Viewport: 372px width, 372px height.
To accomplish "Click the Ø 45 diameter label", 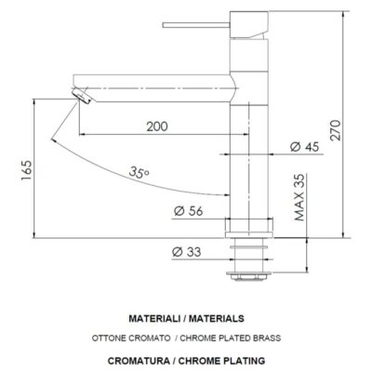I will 304,146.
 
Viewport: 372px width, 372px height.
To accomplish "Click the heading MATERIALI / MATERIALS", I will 186,317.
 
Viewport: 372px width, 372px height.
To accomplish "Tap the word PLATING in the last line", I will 241,359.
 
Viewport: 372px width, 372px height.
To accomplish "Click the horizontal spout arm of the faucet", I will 158,89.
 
